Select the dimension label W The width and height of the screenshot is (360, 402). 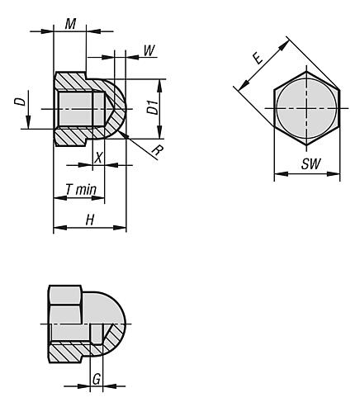coord(149,50)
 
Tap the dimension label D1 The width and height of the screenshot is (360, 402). coord(152,107)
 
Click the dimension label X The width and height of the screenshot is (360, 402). coord(99,157)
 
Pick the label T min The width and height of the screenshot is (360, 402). coord(80,190)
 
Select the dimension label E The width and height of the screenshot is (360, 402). coord(258,57)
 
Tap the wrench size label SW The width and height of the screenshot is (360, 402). coord(310,164)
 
